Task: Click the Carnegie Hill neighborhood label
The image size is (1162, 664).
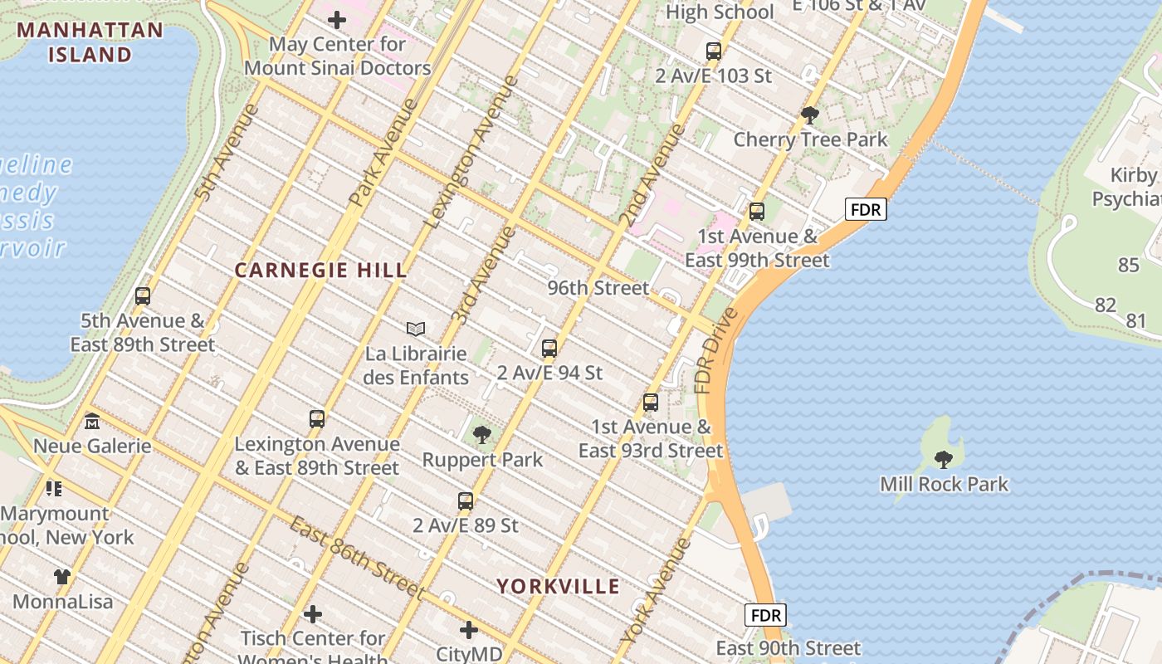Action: tap(320, 271)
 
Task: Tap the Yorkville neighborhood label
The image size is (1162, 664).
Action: tap(558, 587)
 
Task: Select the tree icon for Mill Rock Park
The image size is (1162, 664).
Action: tap(943, 458)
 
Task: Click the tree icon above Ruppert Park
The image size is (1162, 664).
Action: tap(481, 434)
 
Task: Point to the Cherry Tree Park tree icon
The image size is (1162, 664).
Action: tap(810, 115)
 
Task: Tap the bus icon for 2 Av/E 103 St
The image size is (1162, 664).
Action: tap(714, 51)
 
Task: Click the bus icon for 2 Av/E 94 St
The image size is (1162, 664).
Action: tap(549, 349)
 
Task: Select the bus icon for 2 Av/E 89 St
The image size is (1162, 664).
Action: tap(466, 501)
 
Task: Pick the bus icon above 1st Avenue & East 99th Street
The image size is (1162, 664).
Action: tap(757, 212)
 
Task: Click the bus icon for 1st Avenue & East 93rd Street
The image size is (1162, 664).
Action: tap(651, 403)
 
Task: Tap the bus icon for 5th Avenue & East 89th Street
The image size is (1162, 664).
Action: tap(143, 296)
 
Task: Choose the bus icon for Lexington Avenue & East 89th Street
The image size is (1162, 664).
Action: tap(317, 419)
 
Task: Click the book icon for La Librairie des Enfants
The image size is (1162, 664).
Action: tap(416, 330)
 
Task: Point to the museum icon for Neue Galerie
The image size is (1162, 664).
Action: tap(92, 422)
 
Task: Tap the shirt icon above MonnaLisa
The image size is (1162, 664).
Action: tap(62, 576)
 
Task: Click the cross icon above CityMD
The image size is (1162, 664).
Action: tap(469, 630)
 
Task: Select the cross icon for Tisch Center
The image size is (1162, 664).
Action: tap(313, 614)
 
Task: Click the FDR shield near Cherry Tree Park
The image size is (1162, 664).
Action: tap(866, 210)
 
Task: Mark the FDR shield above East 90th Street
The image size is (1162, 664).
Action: tap(765, 615)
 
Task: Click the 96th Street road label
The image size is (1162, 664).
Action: tap(598, 288)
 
